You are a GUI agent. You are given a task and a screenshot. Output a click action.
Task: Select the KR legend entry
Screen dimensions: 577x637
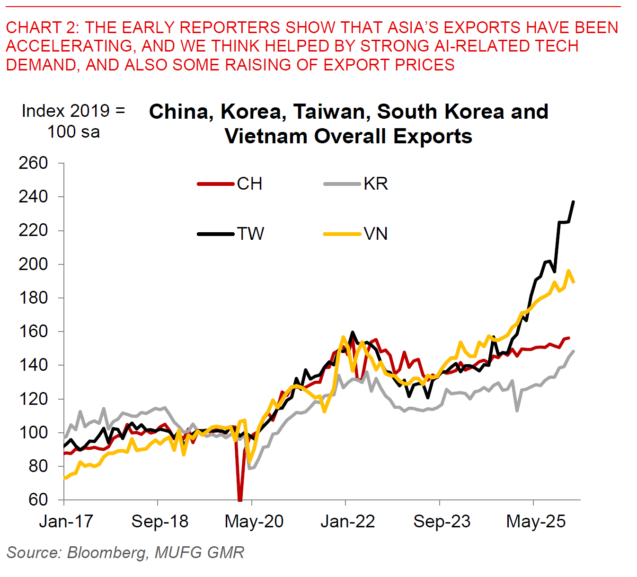356,184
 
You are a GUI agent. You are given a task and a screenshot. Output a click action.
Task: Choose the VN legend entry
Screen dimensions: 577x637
356,234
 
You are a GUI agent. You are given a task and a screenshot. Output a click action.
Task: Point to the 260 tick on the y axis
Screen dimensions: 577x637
33,163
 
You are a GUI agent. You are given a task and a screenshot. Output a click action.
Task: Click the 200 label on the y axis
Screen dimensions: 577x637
33,264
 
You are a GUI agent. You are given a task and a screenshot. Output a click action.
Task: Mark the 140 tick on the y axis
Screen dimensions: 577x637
33,365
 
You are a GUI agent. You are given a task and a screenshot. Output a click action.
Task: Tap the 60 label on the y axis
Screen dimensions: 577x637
38,499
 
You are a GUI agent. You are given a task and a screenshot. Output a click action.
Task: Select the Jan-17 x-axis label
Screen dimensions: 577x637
66,522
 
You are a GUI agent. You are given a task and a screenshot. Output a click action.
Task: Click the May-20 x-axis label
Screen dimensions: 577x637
254,522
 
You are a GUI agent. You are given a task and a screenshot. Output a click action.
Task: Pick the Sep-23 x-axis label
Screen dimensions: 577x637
442,522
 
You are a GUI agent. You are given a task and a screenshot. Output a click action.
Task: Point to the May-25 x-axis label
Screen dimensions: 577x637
536,522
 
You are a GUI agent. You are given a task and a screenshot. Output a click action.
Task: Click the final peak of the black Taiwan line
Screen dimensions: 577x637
574,202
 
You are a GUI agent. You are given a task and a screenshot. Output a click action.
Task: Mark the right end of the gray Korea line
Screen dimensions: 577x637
574,351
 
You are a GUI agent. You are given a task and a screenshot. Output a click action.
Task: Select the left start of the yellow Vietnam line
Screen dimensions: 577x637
64,478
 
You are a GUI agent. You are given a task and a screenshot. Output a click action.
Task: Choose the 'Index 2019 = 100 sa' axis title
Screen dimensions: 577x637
73,121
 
